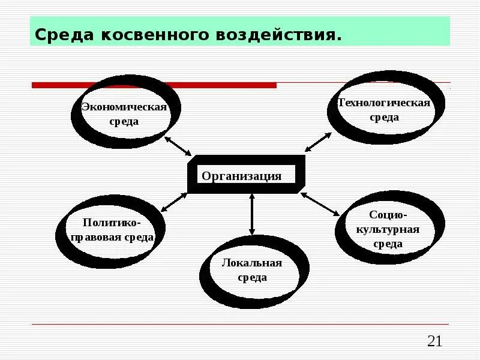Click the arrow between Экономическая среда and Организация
(177, 146)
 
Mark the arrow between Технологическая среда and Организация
(318, 142)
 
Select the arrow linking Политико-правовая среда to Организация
(175, 202)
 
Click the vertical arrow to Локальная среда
(252, 214)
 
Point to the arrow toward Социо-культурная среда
(320, 204)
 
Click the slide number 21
(434, 341)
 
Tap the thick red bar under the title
(154, 85)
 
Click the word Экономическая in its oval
(124, 107)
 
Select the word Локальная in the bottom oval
(251, 263)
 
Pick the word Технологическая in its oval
(384, 103)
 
